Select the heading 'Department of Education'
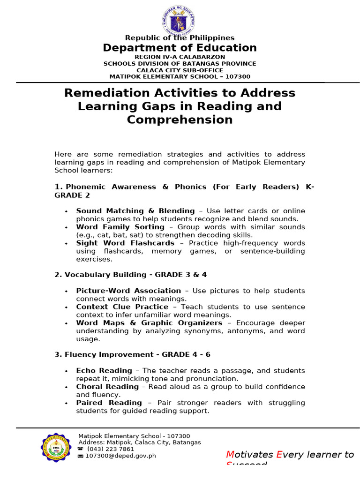[x=180, y=48]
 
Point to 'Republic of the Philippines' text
[x=180, y=38]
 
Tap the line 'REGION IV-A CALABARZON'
[x=180, y=57]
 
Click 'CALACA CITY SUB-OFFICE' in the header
[x=180, y=70]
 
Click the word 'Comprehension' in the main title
[x=180, y=120]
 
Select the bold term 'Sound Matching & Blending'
[x=135, y=211]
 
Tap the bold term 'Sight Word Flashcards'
[x=125, y=243]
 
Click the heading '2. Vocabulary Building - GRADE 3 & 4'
[x=130, y=275]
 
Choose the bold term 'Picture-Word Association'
[x=128, y=291]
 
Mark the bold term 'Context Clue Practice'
[x=122, y=307]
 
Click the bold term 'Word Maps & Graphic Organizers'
[x=149, y=323]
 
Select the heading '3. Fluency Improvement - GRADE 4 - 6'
[x=132, y=355]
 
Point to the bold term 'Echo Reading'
[x=104, y=371]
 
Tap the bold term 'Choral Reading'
[x=107, y=387]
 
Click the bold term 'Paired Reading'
[x=109, y=403]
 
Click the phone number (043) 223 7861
[x=110, y=449]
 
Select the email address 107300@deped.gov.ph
[x=120, y=456]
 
